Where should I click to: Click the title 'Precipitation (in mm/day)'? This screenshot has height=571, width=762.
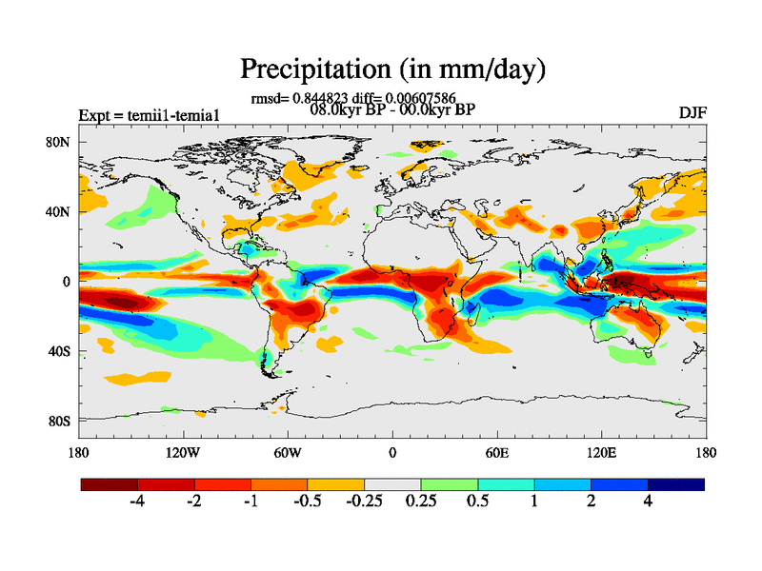coord(392,69)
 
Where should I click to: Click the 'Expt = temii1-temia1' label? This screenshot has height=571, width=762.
coord(150,116)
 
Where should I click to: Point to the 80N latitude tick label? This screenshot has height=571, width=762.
coord(60,142)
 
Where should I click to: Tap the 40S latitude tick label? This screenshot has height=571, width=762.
coord(60,351)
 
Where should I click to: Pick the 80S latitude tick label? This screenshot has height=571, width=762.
coord(60,421)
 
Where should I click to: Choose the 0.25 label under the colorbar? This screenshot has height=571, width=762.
coord(419,502)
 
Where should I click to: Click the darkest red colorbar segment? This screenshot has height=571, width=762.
coord(110,484)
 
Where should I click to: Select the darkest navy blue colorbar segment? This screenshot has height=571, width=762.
coord(676,484)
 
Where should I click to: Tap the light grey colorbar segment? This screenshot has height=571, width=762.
coord(392,484)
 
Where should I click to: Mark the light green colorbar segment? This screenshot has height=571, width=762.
coord(450,484)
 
